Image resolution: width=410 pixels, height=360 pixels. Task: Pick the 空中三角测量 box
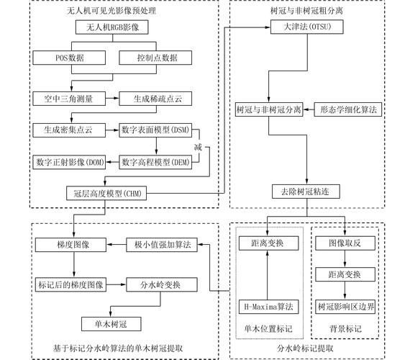coord(69,96)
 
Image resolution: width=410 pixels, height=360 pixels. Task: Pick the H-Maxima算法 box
coord(266,307)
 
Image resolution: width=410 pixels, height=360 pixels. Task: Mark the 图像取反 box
coord(346,243)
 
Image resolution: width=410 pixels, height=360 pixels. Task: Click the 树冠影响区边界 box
coord(346,306)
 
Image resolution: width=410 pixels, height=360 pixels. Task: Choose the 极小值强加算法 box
coord(163,245)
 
